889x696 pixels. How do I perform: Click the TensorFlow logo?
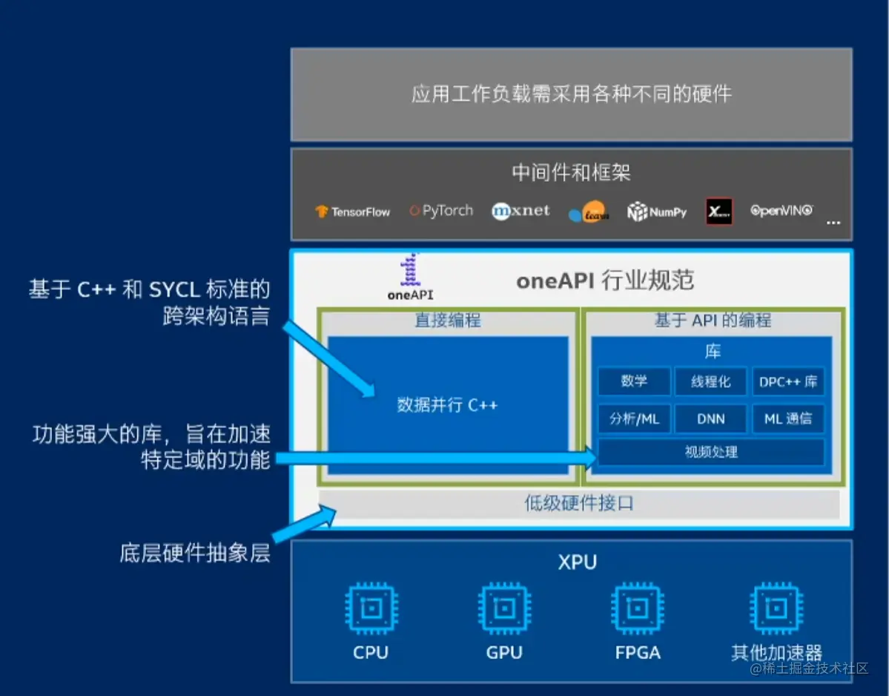pyautogui.click(x=353, y=211)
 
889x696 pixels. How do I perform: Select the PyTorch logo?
pyautogui.click(x=441, y=211)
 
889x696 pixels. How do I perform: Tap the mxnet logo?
pyautogui.click(x=520, y=211)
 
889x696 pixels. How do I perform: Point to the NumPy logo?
pyautogui.click(x=657, y=212)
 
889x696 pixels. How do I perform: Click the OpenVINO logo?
pyautogui.click(x=781, y=211)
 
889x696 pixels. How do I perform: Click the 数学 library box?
pyautogui.click(x=634, y=381)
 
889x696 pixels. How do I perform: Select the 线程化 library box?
pyautogui.click(x=711, y=381)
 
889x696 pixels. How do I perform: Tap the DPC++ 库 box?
pyautogui.click(x=788, y=381)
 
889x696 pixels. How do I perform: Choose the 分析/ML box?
pyautogui.click(x=634, y=419)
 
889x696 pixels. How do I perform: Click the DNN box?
pyautogui.click(x=711, y=419)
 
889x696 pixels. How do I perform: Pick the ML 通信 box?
pyautogui.click(x=788, y=419)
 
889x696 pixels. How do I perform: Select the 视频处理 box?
pyautogui.click(x=711, y=452)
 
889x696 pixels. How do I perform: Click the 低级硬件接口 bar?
pyautogui.click(x=579, y=504)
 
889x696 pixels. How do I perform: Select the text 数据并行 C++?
pyautogui.click(x=447, y=405)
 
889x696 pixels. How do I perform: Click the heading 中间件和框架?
pyautogui.click(x=571, y=173)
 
